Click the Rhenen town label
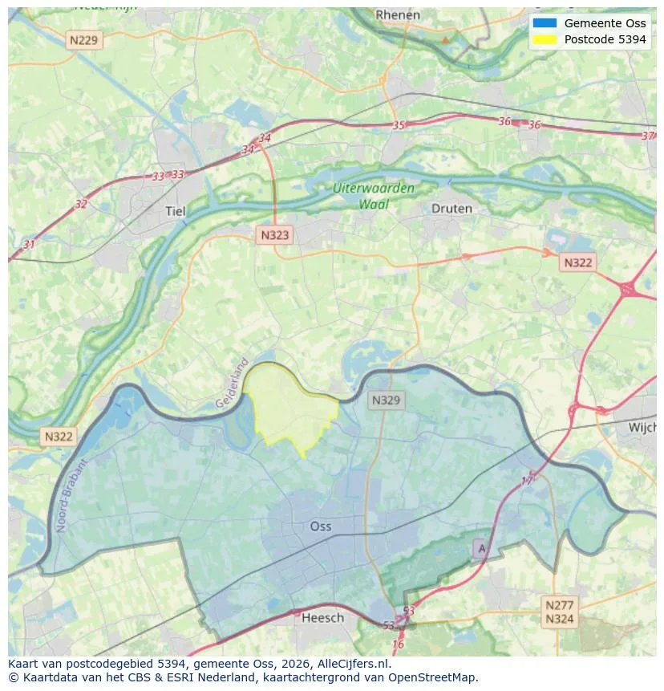tap(398, 14)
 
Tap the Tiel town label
tap(175, 211)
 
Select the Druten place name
tap(451, 208)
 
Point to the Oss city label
tap(320, 526)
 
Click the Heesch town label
tap(322, 617)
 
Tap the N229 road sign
tap(85, 39)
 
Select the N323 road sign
tap(275, 235)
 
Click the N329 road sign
tap(387, 400)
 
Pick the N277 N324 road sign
tap(558, 612)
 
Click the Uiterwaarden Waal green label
tap(374, 196)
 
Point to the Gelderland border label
tap(233, 383)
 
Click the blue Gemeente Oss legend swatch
tap(544, 23)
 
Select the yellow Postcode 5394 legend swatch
tap(544, 39)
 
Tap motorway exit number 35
tap(399, 125)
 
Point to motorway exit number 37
tap(648, 136)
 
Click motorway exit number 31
tap(30, 244)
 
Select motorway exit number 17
tap(527, 480)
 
